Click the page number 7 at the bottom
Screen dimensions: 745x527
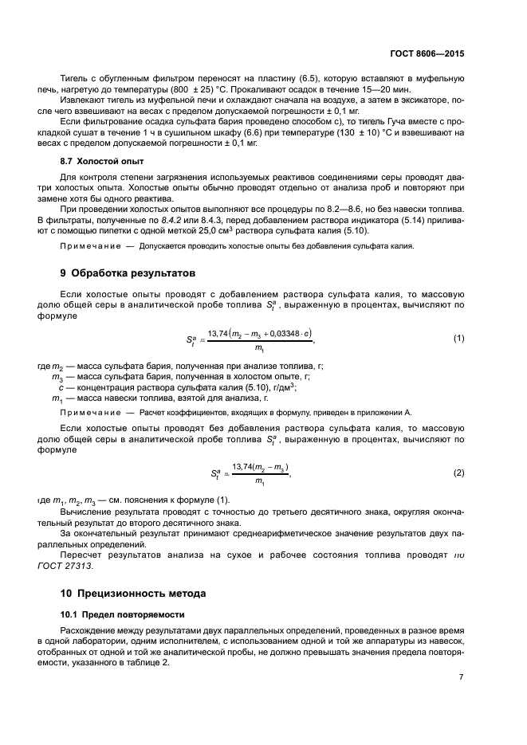pos(461,676)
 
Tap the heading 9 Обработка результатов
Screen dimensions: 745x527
pos(128,273)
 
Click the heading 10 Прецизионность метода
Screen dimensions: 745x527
pos(134,593)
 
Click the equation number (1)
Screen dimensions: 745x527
pos(458,338)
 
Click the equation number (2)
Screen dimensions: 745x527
pos(458,472)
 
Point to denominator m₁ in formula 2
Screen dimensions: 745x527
pos(260,481)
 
